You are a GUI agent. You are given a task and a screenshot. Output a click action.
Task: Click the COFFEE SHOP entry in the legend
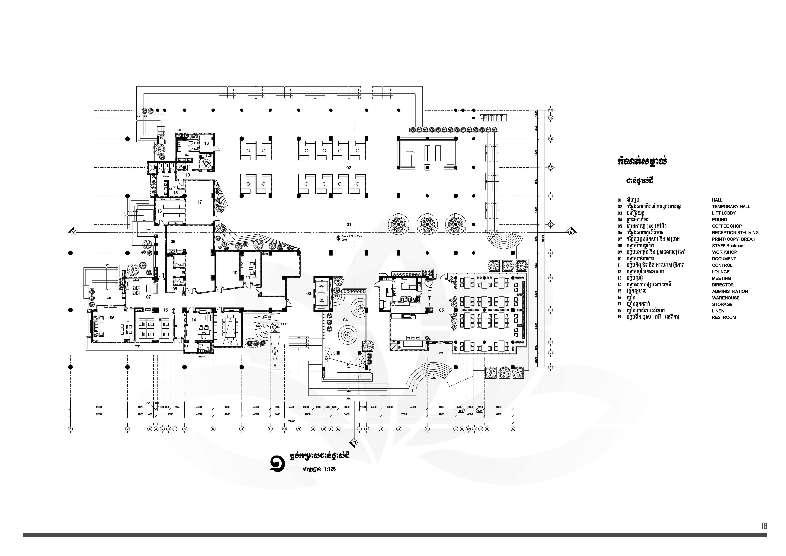(x=727, y=226)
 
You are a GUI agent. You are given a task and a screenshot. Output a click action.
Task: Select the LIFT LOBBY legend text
(x=724, y=213)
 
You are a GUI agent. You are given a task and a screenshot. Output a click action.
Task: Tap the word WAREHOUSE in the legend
(x=726, y=298)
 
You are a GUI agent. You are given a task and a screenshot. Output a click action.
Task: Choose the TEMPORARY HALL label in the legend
(x=731, y=206)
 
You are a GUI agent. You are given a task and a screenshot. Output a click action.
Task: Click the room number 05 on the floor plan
(x=441, y=310)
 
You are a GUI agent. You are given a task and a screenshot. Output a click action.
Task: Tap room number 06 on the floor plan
(x=112, y=318)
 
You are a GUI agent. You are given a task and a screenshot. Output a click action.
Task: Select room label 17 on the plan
(x=200, y=202)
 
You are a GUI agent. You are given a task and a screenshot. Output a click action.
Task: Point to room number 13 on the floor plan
(x=230, y=343)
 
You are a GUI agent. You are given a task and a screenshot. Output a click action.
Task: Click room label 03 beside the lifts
(x=308, y=293)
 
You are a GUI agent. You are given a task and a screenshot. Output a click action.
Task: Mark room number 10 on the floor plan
(x=235, y=273)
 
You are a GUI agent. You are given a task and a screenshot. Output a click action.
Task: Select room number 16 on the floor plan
(x=160, y=211)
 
